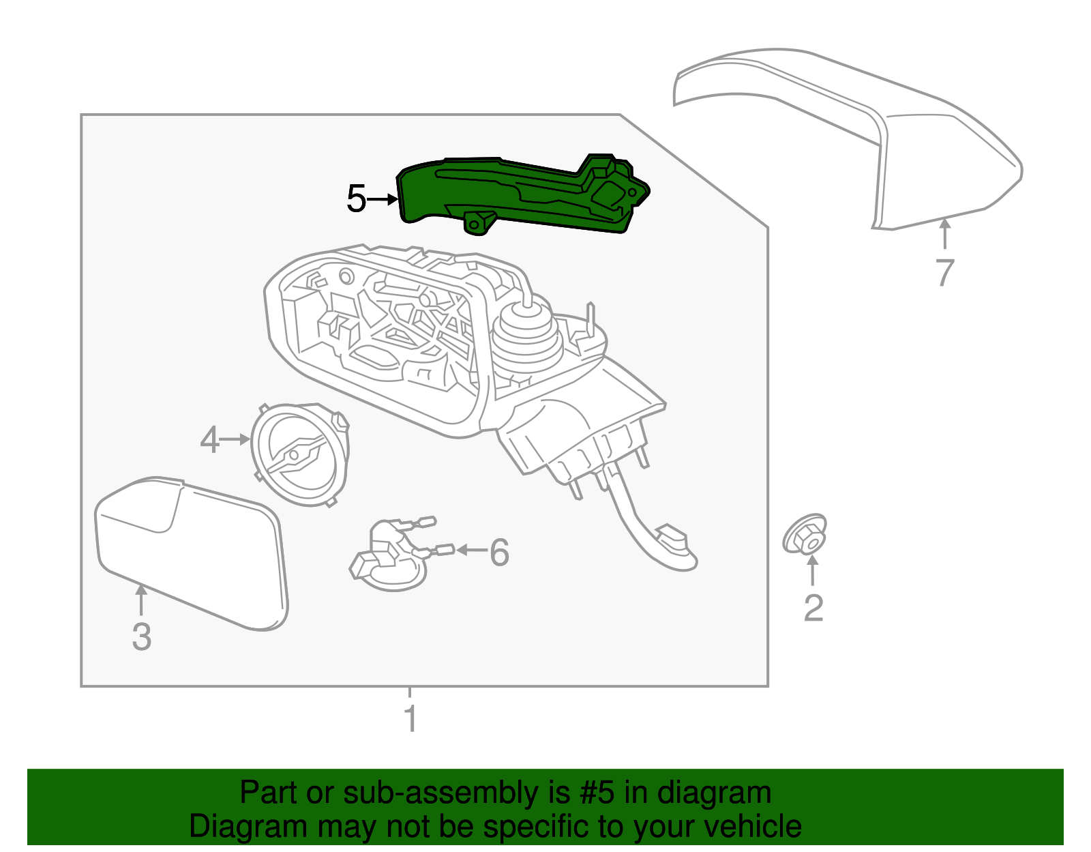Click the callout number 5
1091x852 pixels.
click(357, 199)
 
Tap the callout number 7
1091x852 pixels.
click(944, 273)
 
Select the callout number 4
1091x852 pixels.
click(210, 440)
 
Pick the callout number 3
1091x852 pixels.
click(142, 636)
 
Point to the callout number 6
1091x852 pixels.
click(499, 553)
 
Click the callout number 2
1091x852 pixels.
click(813, 608)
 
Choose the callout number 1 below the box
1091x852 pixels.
click(410, 718)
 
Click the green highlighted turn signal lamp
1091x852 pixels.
click(522, 196)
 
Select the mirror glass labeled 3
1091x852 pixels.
click(191, 553)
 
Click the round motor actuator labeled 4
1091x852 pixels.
click(300, 454)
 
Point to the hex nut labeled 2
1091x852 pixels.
click(805, 534)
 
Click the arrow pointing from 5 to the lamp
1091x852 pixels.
click(382, 199)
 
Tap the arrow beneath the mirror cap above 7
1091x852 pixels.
click(944, 234)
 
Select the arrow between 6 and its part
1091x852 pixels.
click(471, 550)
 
